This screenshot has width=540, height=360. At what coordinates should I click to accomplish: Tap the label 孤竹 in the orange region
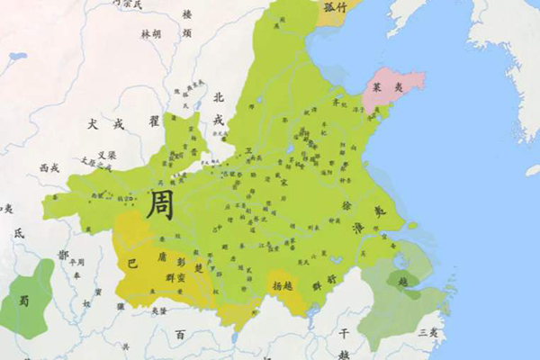pyautogui.click(x=335, y=7)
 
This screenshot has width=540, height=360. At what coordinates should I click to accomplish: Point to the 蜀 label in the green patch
pyautogui.click(x=24, y=301)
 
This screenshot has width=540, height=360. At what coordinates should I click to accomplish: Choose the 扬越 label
pyautogui.click(x=282, y=286)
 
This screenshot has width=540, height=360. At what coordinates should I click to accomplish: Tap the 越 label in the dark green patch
pyautogui.click(x=403, y=280)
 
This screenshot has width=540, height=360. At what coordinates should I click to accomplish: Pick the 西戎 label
pyautogui.click(x=49, y=167)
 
